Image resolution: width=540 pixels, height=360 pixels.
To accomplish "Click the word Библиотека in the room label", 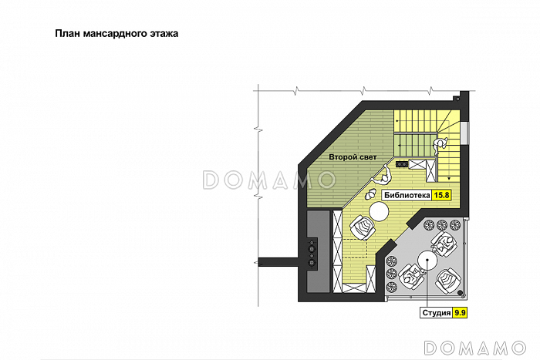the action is tap(407, 195).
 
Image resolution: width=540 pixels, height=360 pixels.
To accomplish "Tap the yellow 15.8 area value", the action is tap(441, 195).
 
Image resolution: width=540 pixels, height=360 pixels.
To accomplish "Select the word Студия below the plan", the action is tap(437, 313).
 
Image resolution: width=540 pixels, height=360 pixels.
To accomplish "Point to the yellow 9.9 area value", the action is tap(460, 313).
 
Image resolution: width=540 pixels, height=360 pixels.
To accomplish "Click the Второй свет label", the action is tap(353, 157).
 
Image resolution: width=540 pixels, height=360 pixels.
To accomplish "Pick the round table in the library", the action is tap(379, 211).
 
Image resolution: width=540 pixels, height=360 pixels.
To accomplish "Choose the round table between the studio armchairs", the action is tap(427, 261).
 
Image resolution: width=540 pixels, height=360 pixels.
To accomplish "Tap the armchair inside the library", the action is tap(363, 227).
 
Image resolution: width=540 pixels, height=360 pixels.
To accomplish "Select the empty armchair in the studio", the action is tap(448, 281).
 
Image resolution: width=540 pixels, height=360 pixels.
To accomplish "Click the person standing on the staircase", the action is tap(440, 145).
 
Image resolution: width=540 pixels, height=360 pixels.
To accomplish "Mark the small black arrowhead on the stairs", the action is tap(449, 179).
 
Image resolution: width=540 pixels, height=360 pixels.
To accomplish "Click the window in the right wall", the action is tap(464, 133).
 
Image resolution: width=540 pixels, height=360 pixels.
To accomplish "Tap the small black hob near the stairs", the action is tap(402, 164).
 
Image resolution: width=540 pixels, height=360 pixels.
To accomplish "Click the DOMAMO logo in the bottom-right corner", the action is tap(475, 348).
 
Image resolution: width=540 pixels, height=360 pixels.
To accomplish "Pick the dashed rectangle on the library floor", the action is tap(355, 247).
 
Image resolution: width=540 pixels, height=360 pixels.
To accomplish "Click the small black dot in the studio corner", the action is tap(461, 292).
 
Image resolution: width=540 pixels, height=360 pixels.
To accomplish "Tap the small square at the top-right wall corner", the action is tap(457, 99).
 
